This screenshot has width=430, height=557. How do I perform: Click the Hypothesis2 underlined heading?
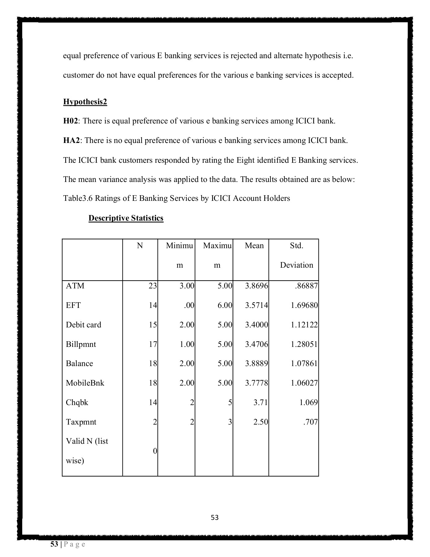pyautogui.click(x=85, y=102)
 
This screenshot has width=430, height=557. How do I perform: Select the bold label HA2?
pyautogui.click(x=71, y=140)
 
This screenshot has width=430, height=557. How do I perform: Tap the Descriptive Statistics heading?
pyautogui.click(x=126, y=218)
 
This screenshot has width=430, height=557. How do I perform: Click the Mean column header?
pyautogui.click(x=254, y=246)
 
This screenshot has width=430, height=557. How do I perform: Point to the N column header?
pyautogui.click(x=140, y=246)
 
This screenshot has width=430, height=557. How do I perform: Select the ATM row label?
pyautogui.click(x=75, y=286)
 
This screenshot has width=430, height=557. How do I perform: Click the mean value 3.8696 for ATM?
pyautogui.click(x=256, y=286)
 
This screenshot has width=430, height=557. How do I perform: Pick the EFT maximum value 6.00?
pyautogui.click(x=225, y=305)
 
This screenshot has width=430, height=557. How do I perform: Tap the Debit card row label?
pyautogui.click(x=83, y=325)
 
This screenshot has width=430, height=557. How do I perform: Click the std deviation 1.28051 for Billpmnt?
pyautogui.click(x=304, y=344)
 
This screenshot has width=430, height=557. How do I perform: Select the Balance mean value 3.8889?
pyautogui.click(x=256, y=364)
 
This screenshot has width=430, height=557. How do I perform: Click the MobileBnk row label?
pyautogui.click(x=85, y=383)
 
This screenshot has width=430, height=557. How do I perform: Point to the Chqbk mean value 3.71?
pyautogui.click(x=260, y=403)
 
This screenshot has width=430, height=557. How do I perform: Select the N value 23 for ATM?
pyautogui.click(x=153, y=286)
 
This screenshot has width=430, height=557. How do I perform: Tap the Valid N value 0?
pyautogui.click(x=155, y=451)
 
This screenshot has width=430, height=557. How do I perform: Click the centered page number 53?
pyautogui.click(x=215, y=517)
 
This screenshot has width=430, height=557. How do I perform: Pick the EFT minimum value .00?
pyautogui.click(x=189, y=305)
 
